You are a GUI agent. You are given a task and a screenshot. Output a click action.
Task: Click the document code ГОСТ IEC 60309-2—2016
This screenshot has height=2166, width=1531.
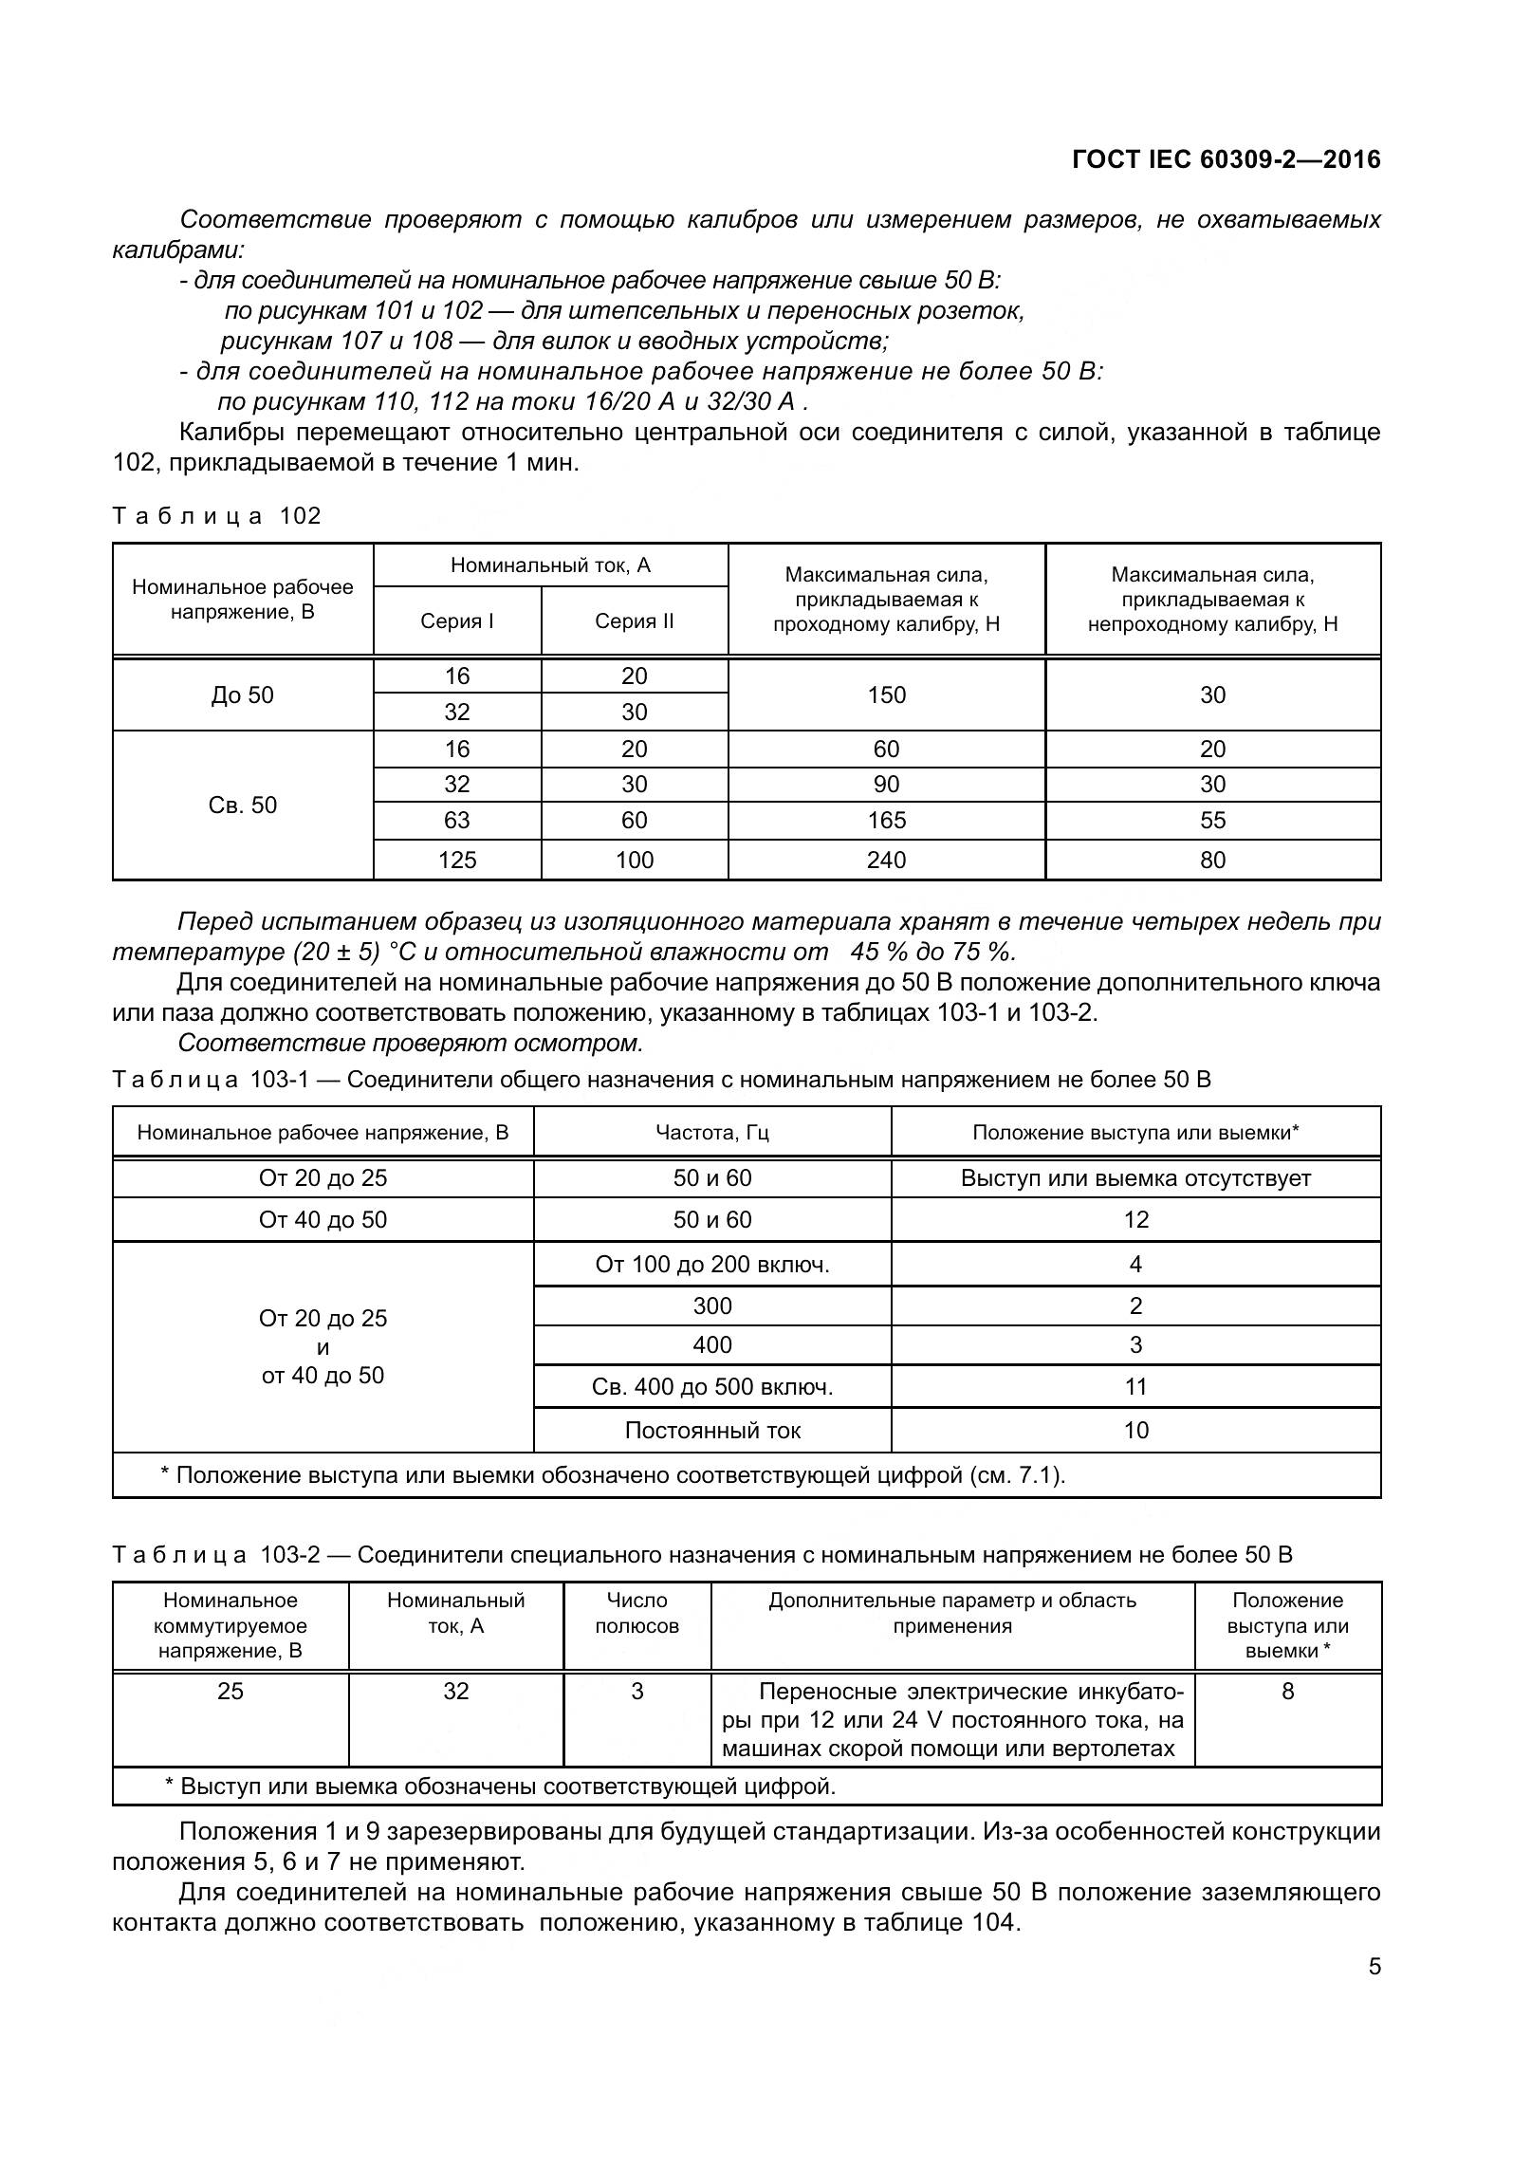point(1226,159)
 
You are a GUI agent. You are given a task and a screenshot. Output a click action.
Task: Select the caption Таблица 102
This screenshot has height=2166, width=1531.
point(217,516)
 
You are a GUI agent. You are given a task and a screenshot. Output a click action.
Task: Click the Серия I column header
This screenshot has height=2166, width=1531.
point(457,621)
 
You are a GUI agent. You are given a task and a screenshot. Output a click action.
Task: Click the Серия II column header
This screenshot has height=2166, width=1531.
point(634,621)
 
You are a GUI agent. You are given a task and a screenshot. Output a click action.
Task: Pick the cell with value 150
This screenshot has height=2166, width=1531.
point(886,694)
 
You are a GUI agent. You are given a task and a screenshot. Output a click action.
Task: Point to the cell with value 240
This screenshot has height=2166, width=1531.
point(886,860)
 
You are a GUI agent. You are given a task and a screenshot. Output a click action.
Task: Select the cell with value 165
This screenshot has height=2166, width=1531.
point(886,820)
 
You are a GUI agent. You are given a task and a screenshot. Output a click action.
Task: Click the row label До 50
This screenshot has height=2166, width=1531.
point(243,694)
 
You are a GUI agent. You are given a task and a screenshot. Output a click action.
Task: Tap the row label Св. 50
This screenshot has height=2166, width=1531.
point(243,805)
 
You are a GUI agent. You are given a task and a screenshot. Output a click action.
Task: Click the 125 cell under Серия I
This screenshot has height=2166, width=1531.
point(457,860)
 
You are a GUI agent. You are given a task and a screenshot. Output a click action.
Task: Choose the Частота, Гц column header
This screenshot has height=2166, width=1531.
point(712,1132)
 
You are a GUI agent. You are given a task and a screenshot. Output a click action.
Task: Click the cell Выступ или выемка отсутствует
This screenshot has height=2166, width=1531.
point(1135,1178)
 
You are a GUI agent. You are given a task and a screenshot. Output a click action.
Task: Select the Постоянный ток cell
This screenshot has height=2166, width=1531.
point(712,1430)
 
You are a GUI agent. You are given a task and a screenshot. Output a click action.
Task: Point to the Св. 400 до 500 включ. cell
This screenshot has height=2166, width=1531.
point(712,1387)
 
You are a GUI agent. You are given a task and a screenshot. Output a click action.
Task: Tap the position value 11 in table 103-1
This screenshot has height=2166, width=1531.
point(1135,1387)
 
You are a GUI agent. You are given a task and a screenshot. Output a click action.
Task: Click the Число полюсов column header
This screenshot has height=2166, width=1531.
point(636,1613)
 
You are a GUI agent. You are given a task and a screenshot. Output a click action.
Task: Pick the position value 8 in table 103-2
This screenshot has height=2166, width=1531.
point(1287,1691)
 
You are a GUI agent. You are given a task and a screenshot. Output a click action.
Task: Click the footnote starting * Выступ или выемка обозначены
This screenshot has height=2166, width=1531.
point(500,1786)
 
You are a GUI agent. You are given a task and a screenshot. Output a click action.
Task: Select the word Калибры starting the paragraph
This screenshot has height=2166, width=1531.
point(232,433)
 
